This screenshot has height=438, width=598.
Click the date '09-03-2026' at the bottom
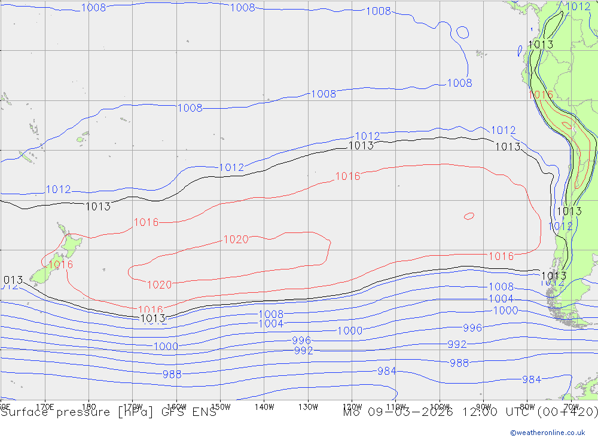click(412, 412)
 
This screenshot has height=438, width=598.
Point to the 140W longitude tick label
click(264, 406)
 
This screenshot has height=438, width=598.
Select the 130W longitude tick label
click(308, 406)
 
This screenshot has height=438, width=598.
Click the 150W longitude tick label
click(220, 406)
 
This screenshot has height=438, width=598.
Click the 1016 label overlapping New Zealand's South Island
click(60, 265)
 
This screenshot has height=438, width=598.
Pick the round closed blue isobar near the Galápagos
click(462, 32)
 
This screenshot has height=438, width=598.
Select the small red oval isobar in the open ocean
click(469, 216)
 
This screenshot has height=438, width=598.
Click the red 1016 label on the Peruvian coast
click(540, 94)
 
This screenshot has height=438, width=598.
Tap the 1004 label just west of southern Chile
click(501, 299)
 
